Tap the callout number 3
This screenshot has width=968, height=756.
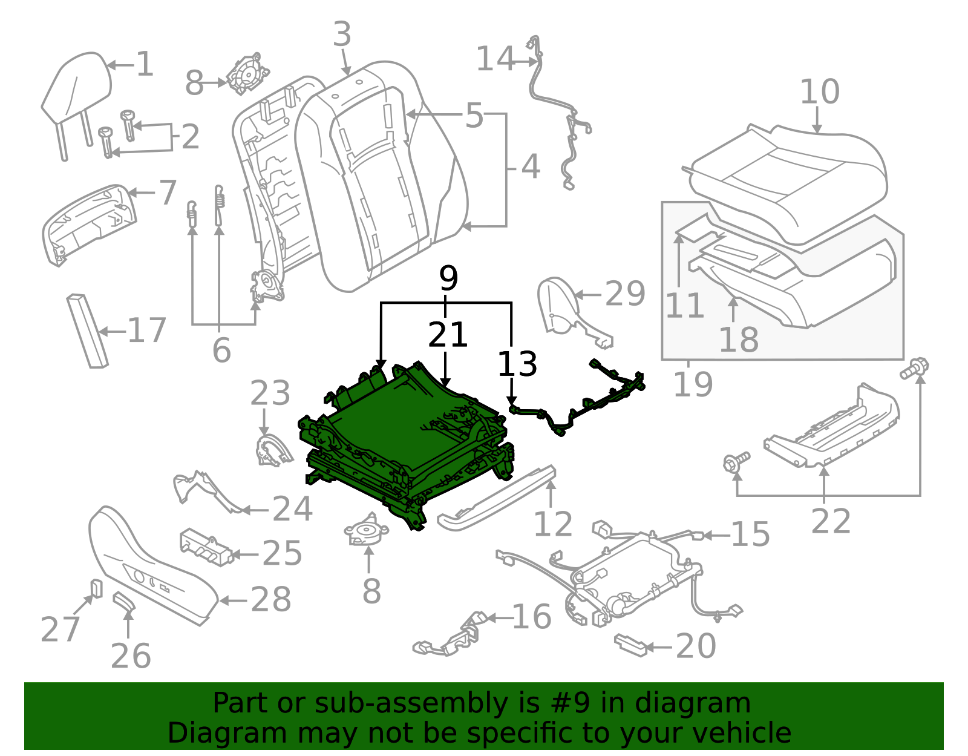342,35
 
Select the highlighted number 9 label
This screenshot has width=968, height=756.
448,279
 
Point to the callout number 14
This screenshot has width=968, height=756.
495,59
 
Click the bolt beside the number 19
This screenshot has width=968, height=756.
915,368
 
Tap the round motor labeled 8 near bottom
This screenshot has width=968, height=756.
367,532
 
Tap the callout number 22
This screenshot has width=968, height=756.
830,521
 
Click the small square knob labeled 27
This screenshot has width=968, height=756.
96,588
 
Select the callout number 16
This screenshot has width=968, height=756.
531,617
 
